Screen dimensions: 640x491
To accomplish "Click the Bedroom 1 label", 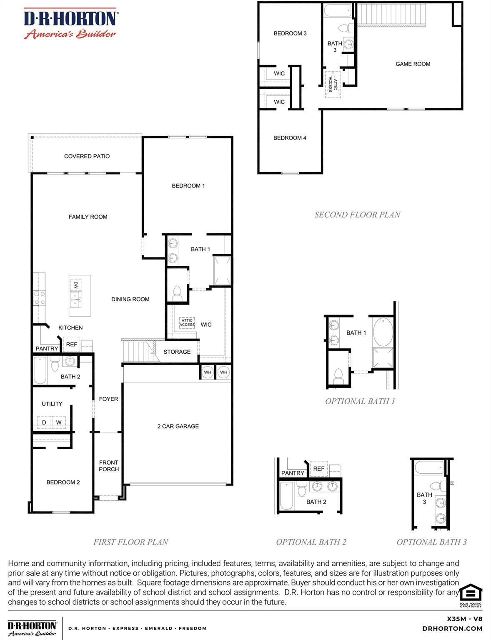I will [x=188, y=186].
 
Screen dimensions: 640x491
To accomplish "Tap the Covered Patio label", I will [x=87, y=156].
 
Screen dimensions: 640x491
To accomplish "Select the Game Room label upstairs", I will [x=413, y=64].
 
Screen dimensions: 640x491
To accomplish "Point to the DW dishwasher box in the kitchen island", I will [x=76, y=285].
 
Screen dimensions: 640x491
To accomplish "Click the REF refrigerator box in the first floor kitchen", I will [x=72, y=345].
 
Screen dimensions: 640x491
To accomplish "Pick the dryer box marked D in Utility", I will [x=44, y=422].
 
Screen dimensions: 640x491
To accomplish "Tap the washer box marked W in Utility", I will [x=59, y=422].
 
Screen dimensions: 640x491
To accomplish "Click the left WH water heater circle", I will [x=208, y=372].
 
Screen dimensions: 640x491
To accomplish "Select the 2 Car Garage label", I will [x=178, y=426].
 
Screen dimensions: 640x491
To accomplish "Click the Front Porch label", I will [x=109, y=466].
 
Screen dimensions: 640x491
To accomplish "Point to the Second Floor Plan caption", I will [x=357, y=215].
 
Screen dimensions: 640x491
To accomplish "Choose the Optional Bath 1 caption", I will [x=360, y=401].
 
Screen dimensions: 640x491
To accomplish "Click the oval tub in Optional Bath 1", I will [x=383, y=332].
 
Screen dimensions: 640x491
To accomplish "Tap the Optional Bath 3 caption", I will [x=431, y=542].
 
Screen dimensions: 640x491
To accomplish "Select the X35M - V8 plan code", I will [x=464, y=619].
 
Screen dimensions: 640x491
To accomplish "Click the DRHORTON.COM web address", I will [x=452, y=629].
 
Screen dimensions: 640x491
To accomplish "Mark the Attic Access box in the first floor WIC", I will [x=187, y=322].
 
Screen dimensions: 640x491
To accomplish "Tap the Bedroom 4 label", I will [x=290, y=138].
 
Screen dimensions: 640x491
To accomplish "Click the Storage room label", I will [x=177, y=352].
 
